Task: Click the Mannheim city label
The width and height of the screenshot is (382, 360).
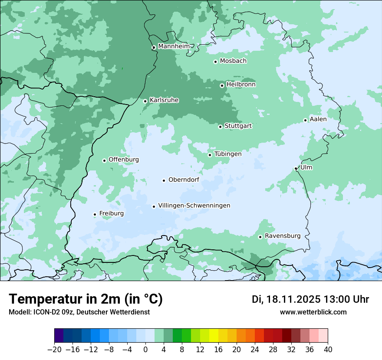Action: (174, 46)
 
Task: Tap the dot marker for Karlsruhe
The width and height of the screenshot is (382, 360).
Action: (145, 101)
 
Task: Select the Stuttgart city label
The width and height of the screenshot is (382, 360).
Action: (238, 126)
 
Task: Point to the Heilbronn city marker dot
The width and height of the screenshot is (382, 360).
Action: (222, 85)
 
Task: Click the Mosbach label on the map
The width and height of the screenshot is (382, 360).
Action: (233, 61)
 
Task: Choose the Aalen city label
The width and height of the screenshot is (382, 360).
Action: (318, 119)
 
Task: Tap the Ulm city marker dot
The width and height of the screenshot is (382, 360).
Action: (296, 168)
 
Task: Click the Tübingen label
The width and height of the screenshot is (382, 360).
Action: (228, 154)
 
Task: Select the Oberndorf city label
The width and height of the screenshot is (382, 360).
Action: (184, 180)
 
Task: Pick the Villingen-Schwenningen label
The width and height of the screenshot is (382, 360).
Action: (194, 206)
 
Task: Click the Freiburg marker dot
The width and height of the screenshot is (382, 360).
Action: (95, 214)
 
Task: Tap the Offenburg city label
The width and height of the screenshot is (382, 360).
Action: (124, 160)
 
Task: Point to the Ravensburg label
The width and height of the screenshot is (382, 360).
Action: (283, 236)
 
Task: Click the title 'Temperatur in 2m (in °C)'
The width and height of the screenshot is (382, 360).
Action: (86, 299)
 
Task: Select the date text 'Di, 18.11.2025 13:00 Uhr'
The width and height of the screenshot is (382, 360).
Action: (310, 299)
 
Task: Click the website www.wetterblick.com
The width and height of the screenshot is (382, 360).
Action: (313, 312)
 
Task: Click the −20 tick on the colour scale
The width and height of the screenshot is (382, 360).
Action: (54, 350)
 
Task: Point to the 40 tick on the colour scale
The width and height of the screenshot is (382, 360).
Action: (328, 350)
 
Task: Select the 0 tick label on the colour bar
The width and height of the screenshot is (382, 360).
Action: (145, 350)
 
